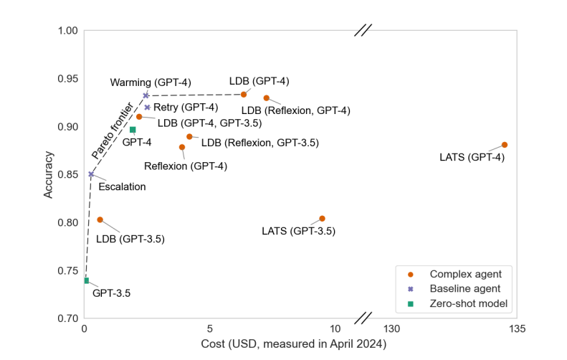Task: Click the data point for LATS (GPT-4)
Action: tap(505, 145)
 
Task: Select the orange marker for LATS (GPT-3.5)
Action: tap(322, 219)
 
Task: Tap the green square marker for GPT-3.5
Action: tap(86, 281)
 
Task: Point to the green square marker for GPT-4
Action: tap(133, 130)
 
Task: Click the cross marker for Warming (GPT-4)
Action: tap(146, 95)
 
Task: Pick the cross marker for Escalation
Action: tap(91, 174)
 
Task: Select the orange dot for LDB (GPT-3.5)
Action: tap(100, 220)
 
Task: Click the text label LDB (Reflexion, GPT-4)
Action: tap(295, 110)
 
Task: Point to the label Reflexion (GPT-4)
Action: tap(186, 166)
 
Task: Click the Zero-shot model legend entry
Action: tap(468, 304)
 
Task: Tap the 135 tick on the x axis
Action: tap(517, 328)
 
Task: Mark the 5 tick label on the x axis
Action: tap(209, 328)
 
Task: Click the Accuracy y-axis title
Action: tap(48, 174)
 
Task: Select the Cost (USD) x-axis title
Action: tap(294, 345)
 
